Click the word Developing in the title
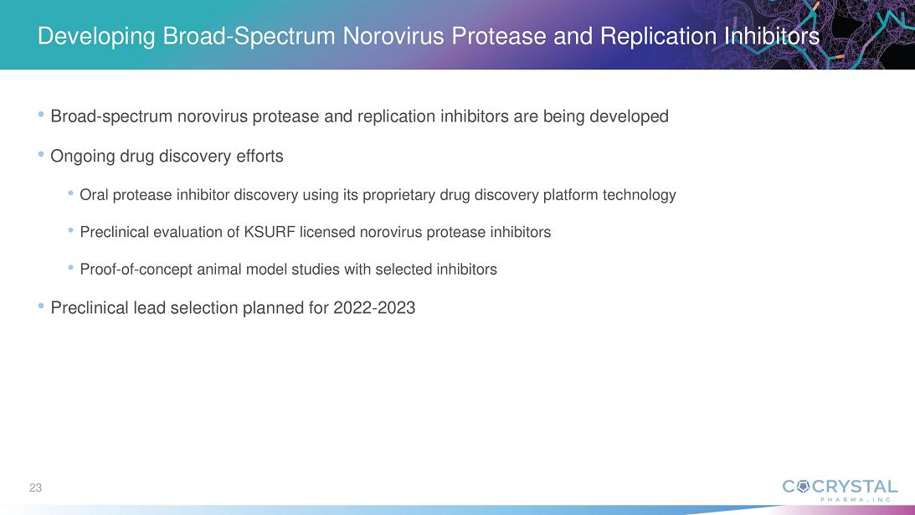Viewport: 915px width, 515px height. click(96, 37)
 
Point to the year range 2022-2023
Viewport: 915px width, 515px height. click(374, 307)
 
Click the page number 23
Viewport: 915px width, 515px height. click(36, 487)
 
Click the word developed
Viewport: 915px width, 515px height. click(629, 116)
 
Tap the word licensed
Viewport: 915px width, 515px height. click(327, 233)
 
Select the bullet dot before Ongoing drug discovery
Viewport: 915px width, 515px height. click(41, 155)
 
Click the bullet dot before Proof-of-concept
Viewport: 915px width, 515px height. click(70, 268)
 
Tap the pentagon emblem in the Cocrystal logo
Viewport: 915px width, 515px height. click(803, 487)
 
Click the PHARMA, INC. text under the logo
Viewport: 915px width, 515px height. click(856, 500)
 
